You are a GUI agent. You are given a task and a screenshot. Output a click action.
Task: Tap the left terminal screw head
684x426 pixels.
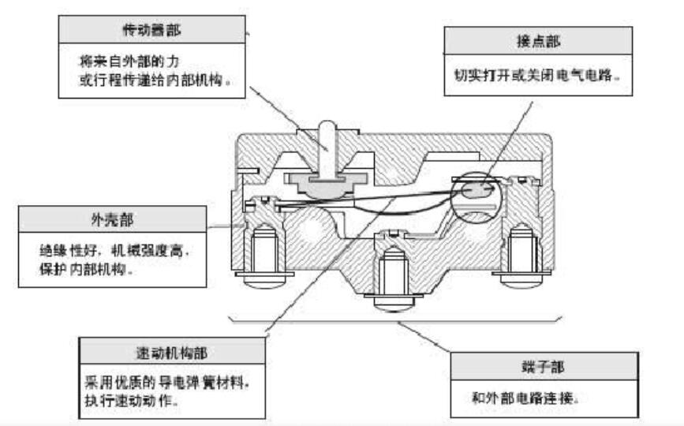tap(262, 278)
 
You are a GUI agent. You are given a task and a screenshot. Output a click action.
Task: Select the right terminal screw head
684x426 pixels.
tap(523, 278)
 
